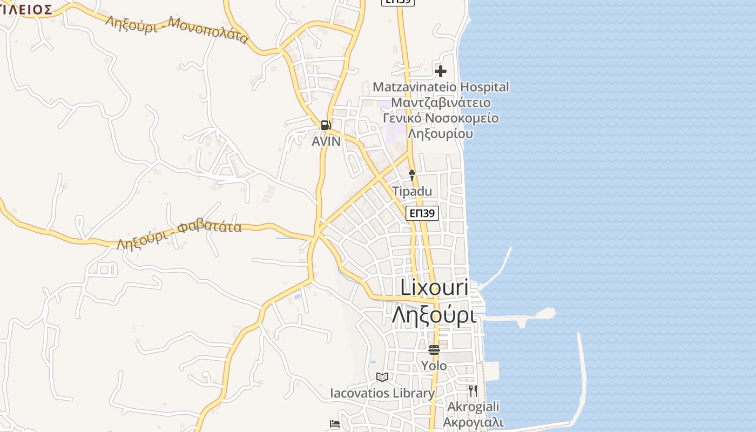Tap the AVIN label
coord(326,141)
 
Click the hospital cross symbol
coord(441,71)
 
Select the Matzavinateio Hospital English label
coord(441,87)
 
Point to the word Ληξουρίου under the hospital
coord(441,133)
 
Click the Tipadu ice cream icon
coord(412,175)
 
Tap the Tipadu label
coord(412,191)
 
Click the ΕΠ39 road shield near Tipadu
coord(422,213)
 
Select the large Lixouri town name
coord(434,287)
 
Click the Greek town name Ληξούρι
coord(434,314)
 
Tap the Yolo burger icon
coord(434,349)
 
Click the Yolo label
coord(434,366)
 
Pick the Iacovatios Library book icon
coord(382,377)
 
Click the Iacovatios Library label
coord(382,393)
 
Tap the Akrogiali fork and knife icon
coord(473,390)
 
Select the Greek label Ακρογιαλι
coord(473,422)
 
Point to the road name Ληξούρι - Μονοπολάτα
coord(177,30)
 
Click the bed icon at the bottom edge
coord(335,424)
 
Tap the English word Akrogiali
coord(473,407)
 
